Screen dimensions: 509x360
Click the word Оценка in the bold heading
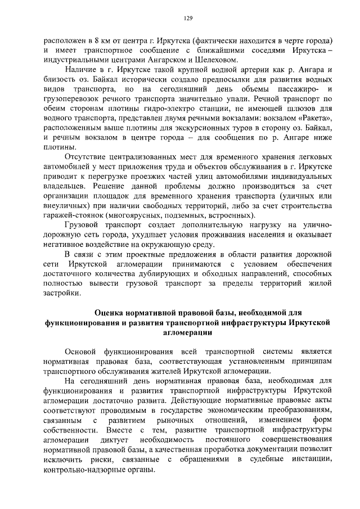coord(110,312)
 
